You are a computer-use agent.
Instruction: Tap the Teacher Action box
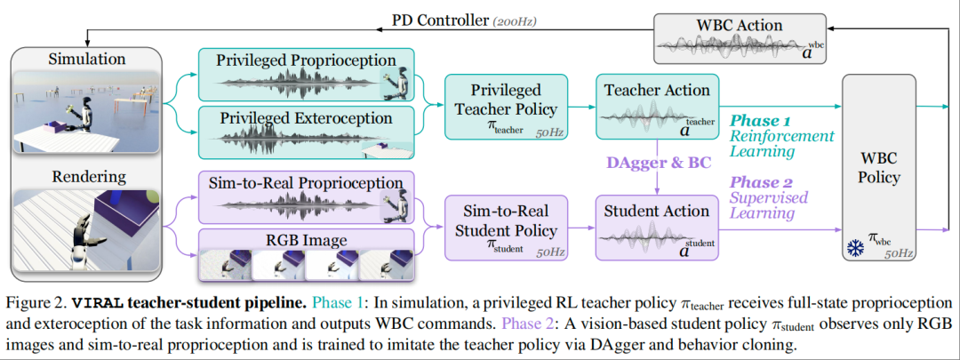pyautogui.click(x=657, y=108)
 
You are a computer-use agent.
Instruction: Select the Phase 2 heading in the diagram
pyautogui.click(x=763, y=180)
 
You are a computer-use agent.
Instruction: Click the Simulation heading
pyautogui.click(x=87, y=60)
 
